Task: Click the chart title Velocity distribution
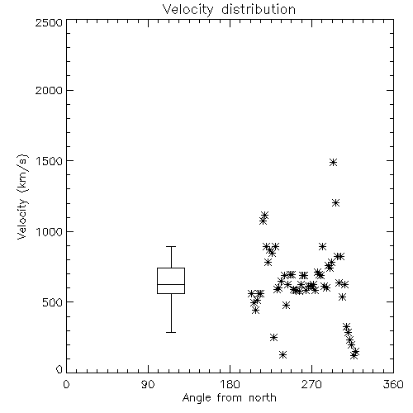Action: tap(229, 10)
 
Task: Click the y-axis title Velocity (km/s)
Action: tap(22, 197)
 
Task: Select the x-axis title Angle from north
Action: tap(229, 398)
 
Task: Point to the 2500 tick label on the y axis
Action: tap(49, 22)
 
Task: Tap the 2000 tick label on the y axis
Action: tap(49, 90)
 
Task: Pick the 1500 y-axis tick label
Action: tap(50, 161)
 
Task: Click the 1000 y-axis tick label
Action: tap(50, 231)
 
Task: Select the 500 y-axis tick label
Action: tap(53, 302)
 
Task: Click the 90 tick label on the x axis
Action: tap(148, 384)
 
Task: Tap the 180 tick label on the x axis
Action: tap(230, 384)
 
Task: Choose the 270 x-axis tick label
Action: tap(311, 384)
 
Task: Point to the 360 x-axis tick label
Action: tap(393, 384)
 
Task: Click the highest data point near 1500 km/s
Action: tap(333, 162)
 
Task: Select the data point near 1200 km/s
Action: tap(335, 203)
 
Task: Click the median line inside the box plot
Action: tap(171, 284)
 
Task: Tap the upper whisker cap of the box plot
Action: tap(171, 246)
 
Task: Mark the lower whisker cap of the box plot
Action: tap(171, 332)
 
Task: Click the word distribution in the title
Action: tap(259, 10)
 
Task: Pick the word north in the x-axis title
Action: tap(263, 398)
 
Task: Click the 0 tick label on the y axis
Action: tap(59, 369)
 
